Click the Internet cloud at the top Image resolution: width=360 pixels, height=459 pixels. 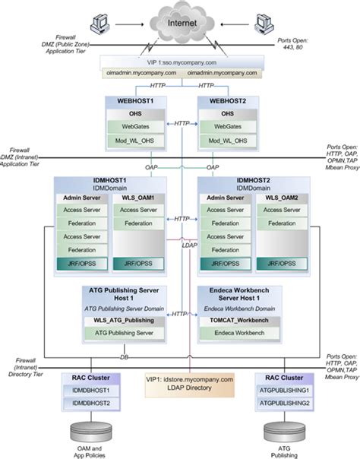[x=181, y=24]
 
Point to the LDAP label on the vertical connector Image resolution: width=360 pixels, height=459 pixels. [x=189, y=245]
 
